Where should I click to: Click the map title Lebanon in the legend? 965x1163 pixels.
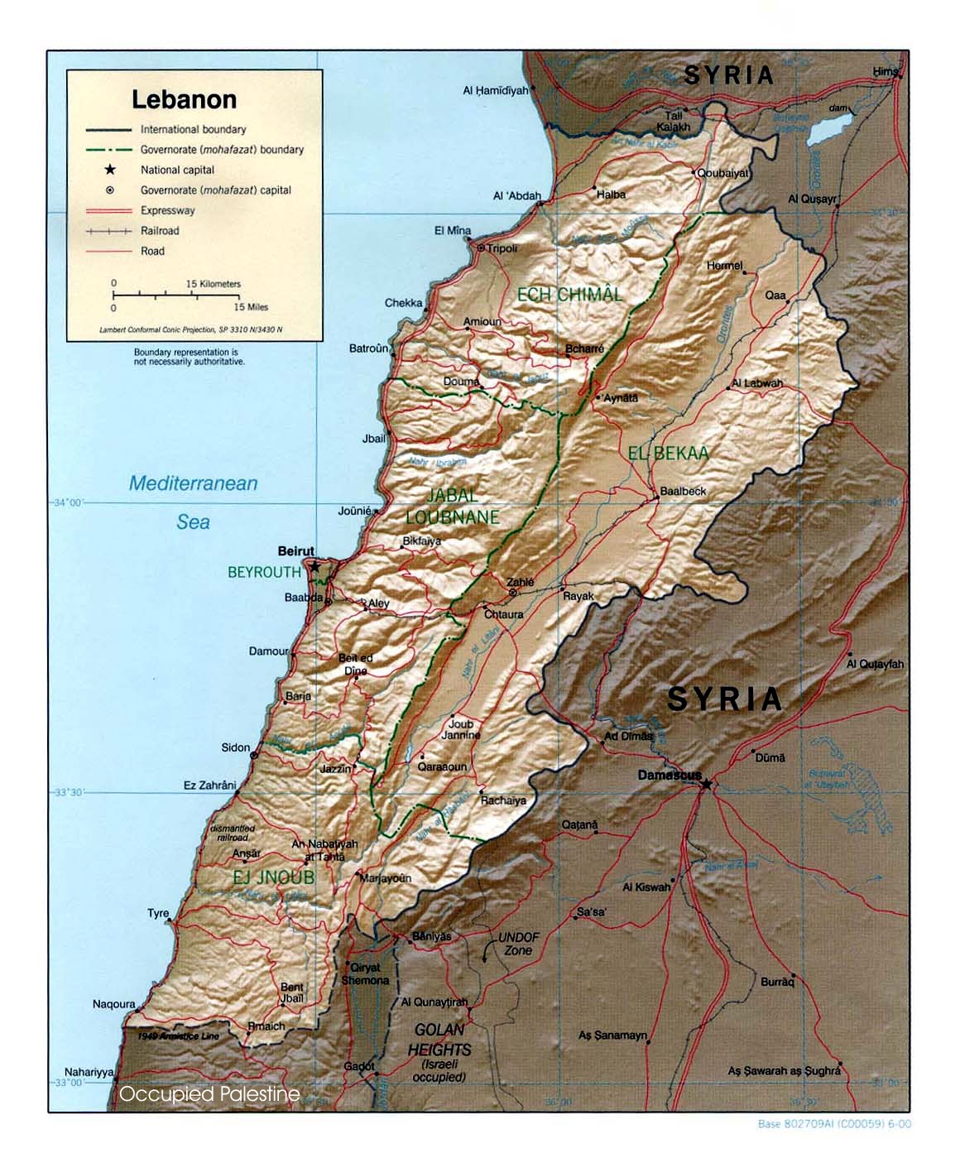185,99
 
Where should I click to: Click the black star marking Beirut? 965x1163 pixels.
314,567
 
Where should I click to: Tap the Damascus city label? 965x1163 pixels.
670,775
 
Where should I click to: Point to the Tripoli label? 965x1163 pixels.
502,248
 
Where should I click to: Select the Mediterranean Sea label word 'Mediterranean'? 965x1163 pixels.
193,483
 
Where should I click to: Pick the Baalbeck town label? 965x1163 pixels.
683,491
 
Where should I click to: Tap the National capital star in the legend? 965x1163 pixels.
109,170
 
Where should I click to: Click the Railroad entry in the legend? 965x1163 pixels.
160,231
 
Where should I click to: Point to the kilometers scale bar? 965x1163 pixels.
176,294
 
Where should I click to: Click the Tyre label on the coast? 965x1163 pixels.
158,913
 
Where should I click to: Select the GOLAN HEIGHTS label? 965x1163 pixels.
439,1040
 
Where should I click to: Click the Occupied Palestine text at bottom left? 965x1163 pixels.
209,1094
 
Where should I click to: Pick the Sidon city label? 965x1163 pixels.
235,747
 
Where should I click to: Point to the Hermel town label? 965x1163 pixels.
725,266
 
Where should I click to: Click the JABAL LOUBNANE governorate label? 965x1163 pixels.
452,506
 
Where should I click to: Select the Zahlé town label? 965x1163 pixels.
521,582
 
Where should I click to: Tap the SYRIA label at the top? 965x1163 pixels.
728,75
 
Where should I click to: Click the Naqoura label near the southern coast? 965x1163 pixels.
114,1004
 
